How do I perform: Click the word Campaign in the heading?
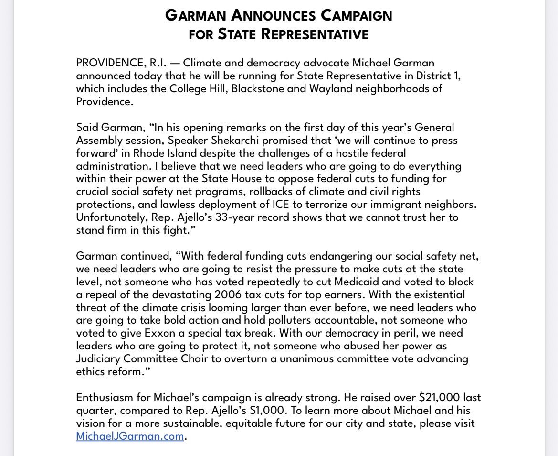(356, 15)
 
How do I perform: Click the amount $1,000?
(273, 411)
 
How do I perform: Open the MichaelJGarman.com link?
(130, 436)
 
